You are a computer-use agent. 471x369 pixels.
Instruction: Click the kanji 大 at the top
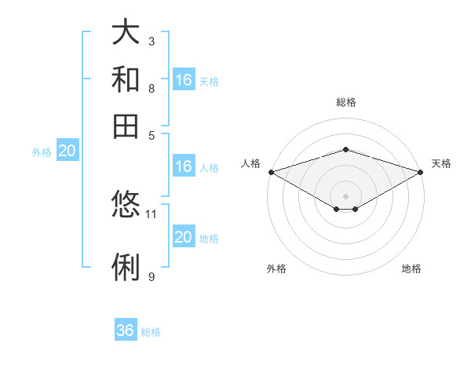click(x=126, y=32)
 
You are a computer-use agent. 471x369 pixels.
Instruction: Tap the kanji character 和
click(x=126, y=79)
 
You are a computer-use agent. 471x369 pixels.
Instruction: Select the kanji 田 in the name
click(x=126, y=126)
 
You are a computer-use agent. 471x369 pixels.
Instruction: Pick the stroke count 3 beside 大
click(x=151, y=41)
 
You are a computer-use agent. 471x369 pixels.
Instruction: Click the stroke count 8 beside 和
click(x=151, y=88)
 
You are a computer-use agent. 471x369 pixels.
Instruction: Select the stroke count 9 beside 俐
click(x=151, y=276)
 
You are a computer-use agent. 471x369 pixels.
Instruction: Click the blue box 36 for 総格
click(x=126, y=331)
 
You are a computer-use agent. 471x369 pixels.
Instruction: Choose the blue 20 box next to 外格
click(x=67, y=152)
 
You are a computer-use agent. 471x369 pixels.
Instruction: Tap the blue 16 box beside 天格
click(x=184, y=80)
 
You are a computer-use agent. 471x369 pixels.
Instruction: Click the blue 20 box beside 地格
click(x=184, y=237)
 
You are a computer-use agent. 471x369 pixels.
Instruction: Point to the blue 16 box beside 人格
click(x=184, y=166)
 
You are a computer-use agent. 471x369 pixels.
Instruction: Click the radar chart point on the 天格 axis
click(x=421, y=172)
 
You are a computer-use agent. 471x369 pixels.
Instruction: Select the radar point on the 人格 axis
click(x=271, y=172)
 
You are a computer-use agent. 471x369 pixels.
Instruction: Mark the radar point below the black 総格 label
click(x=345, y=149)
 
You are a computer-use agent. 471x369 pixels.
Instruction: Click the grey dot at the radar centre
click(x=345, y=195)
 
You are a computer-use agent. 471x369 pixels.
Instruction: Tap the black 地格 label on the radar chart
click(x=411, y=269)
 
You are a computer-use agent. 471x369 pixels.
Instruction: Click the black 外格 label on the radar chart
click(x=276, y=269)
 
